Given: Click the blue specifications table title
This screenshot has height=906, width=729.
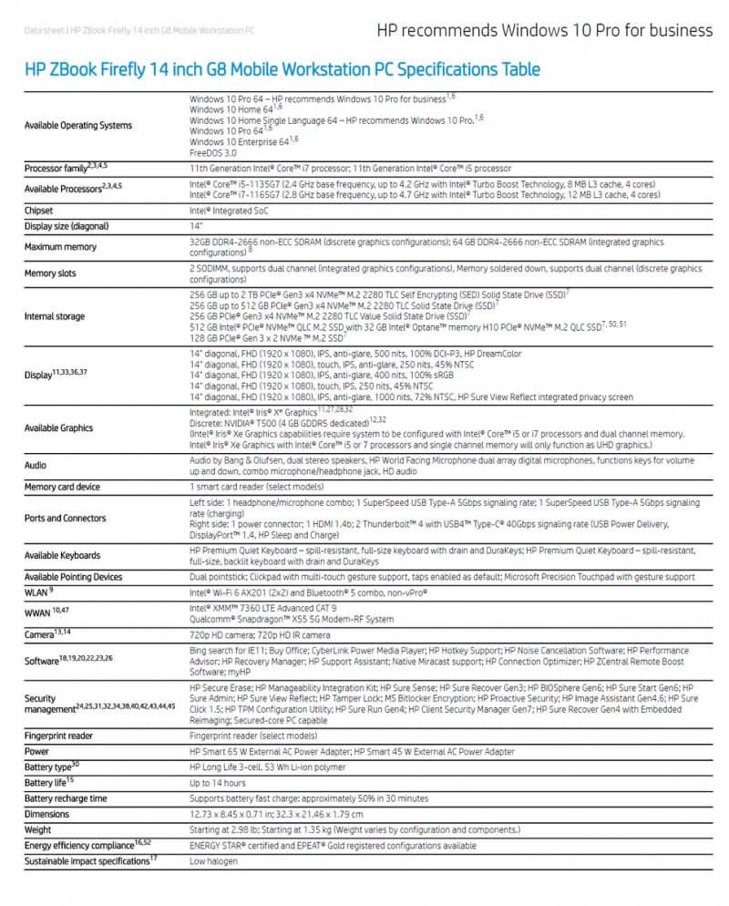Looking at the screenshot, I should point(282,69).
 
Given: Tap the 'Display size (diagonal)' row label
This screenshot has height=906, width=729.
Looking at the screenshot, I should point(67,225).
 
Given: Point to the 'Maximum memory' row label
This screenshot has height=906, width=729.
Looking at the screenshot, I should point(59,246).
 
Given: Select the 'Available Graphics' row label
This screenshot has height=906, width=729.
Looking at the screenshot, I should point(58,427).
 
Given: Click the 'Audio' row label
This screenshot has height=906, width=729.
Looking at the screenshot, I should point(36,465).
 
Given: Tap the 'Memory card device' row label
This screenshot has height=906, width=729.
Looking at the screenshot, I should point(62,488).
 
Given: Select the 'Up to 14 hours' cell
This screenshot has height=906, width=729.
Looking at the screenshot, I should point(217,783).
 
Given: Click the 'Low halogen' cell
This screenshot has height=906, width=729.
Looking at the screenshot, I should point(214,860).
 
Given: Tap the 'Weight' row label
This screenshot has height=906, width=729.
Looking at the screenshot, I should point(37,829).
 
